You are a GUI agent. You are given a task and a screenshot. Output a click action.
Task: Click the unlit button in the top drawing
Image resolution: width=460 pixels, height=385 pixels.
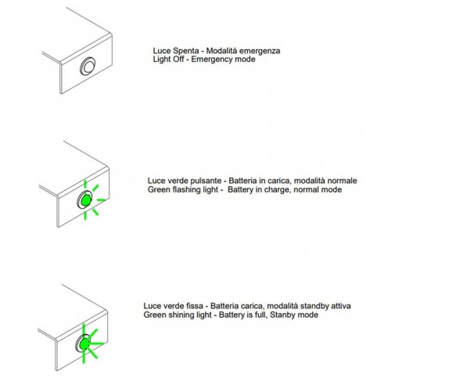tap(88, 67)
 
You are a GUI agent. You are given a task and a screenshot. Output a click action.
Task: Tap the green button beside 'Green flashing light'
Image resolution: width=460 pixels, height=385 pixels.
tap(86, 200)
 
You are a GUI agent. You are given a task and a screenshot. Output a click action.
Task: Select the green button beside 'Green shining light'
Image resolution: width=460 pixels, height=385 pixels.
tap(84, 344)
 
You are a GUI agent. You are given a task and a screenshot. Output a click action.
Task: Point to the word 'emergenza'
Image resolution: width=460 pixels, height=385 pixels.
tap(260, 52)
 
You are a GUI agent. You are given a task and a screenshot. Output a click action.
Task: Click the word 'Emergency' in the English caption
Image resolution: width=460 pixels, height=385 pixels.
tap(214, 59)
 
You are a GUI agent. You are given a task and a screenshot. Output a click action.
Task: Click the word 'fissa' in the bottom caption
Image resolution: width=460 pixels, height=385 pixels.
tap(195, 306)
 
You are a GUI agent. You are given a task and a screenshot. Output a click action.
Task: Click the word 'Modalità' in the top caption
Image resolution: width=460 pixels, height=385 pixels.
tap(222, 51)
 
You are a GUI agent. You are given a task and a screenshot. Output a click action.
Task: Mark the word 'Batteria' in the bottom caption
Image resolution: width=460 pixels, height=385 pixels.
tap(225, 306)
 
